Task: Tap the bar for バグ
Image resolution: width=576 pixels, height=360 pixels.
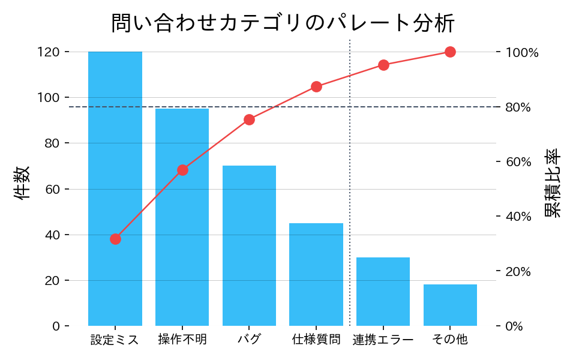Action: [x=249, y=245]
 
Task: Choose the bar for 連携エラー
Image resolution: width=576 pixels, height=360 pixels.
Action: [x=383, y=292]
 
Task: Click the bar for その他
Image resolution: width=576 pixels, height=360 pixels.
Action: [x=450, y=305]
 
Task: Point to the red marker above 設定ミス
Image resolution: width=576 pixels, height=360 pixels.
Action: [x=115, y=239]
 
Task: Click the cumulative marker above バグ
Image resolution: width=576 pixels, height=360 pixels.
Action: [x=249, y=119]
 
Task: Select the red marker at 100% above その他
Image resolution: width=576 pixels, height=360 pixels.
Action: [x=450, y=52]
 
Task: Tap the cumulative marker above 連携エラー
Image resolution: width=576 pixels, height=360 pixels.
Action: [x=383, y=65]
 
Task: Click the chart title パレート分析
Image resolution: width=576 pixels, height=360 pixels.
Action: [x=283, y=23]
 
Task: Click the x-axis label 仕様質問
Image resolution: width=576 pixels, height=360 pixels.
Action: [x=316, y=340]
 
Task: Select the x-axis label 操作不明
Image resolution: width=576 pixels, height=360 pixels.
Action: [x=182, y=340]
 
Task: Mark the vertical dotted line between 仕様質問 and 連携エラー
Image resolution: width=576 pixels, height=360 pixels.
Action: [x=350, y=180]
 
